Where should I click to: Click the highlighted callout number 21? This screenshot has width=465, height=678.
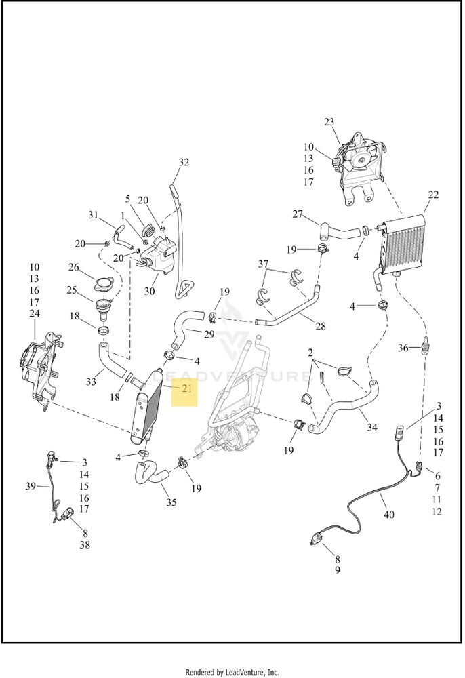[186, 388]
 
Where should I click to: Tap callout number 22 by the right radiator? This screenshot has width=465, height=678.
[433, 195]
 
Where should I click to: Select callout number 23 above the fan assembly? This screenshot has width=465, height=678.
[329, 122]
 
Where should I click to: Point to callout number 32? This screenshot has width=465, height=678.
[184, 162]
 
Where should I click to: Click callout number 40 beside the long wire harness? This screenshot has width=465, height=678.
[389, 515]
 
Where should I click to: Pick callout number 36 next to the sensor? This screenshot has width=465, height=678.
[403, 348]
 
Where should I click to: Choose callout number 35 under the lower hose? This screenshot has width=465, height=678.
[171, 502]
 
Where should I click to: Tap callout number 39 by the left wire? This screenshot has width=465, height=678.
[31, 486]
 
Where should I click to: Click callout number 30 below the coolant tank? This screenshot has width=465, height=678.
[149, 291]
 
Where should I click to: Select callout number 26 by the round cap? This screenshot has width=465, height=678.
[73, 267]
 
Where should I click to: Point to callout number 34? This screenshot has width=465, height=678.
[372, 428]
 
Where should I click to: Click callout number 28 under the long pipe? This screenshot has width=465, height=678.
[320, 326]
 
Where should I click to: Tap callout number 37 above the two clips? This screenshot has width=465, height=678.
[263, 264]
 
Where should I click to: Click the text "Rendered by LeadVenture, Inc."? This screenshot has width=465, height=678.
[232, 672]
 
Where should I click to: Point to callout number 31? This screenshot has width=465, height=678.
[94, 215]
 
